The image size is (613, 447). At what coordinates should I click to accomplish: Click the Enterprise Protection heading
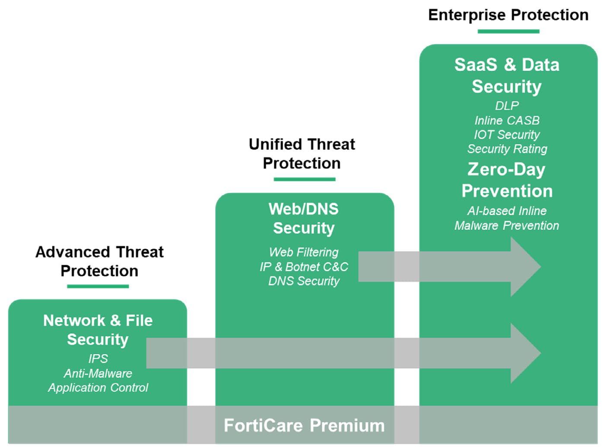click(x=508, y=15)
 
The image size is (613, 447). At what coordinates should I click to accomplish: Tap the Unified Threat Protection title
click(x=302, y=154)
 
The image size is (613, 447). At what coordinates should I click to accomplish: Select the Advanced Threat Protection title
click(x=99, y=261)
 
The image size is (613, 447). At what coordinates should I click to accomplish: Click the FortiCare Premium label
click(x=304, y=425)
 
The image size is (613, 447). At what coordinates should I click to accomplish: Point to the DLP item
click(x=507, y=106)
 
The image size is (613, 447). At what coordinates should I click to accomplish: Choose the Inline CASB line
click(x=507, y=120)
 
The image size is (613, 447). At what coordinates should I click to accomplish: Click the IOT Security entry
click(x=507, y=135)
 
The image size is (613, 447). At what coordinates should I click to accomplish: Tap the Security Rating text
click(x=507, y=149)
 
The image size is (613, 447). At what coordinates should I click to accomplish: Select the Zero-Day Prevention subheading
click(x=507, y=180)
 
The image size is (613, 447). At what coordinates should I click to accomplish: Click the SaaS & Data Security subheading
click(x=507, y=76)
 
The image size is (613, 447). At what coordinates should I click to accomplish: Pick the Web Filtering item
click(x=304, y=252)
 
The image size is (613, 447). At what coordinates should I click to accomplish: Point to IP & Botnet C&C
click(x=304, y=267)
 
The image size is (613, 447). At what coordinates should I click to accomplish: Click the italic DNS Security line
click(x=304, y=281)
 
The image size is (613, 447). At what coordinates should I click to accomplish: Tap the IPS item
click(x=98, y=359)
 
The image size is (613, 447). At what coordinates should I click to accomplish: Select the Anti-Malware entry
click(x=98, y=374)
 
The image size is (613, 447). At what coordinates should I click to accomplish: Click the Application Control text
click(x=98, y=388)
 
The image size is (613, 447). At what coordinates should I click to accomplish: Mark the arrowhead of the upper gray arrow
click(x=524, y=267)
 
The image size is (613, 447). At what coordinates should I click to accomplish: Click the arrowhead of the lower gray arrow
click(x=524, y=353)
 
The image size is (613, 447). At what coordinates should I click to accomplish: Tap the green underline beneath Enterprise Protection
click(x=508, y=31)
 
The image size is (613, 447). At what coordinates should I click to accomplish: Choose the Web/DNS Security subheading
click(x=304, y=219)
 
